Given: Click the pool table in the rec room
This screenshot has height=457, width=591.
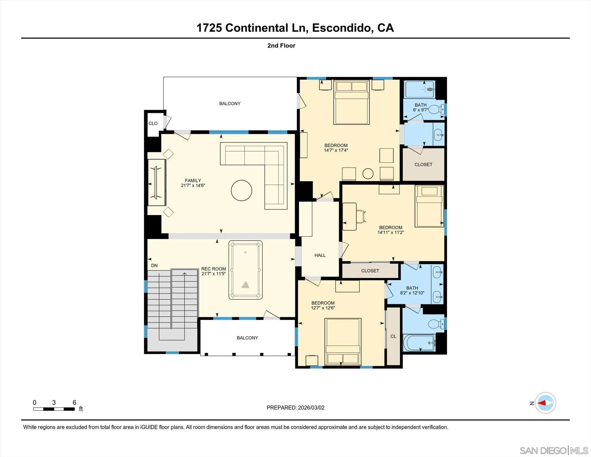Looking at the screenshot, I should pos(245,270).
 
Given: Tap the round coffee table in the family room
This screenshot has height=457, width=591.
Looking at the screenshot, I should pos(241,190).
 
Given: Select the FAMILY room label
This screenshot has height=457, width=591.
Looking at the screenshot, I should pos(193,180).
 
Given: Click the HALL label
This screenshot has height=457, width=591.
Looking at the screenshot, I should pos(320,255).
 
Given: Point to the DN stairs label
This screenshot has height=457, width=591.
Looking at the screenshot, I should pos(154,266).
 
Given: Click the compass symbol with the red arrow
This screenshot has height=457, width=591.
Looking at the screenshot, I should pos(545,403).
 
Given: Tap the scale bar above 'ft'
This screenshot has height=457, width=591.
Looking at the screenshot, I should pos(54,409).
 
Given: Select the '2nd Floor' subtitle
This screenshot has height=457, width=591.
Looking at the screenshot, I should pos(281,46).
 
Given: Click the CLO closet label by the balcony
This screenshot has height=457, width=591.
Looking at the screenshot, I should pos(153,123).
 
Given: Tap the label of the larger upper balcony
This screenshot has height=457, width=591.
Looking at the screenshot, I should pos(230,104).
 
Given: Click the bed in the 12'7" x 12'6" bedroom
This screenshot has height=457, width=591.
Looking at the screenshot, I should pos(343,342).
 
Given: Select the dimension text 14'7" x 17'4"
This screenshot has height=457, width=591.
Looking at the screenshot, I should pos(336,150).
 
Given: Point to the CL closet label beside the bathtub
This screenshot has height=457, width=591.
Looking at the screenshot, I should pos(393,336).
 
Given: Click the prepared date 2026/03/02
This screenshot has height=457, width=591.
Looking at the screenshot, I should pos(311,408).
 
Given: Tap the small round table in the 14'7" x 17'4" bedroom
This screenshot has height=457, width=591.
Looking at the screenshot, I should pos(368,174).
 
